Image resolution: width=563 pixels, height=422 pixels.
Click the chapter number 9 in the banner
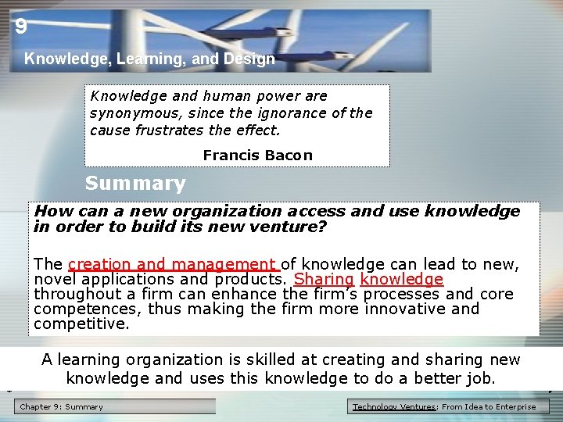[21, 27]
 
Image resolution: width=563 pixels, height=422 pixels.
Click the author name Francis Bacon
[257, 156]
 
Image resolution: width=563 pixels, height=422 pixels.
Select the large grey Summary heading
[135, 184]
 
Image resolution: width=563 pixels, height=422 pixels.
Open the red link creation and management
[173, 265]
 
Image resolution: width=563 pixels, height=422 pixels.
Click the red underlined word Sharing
[324, 280]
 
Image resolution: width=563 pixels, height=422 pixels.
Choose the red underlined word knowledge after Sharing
[402, 280]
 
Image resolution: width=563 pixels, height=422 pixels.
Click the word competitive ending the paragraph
[81, 324]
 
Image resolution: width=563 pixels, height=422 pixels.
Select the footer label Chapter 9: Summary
[61, 406]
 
